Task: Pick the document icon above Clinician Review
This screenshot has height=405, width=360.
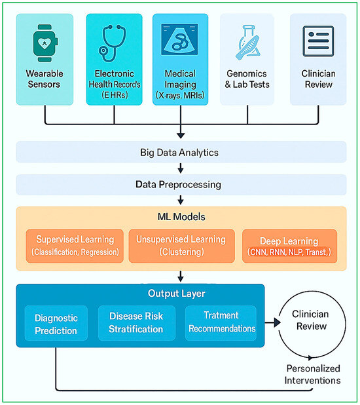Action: [x=319, y=41]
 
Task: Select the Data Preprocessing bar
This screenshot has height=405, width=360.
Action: [x=180, y=185]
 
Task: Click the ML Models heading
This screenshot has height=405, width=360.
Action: [x=180, y=217]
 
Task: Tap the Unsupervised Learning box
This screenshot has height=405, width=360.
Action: [x=180, y=245]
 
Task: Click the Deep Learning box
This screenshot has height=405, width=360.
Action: [x=289, y=245]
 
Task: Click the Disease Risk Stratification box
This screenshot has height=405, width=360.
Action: [x=137, y=322]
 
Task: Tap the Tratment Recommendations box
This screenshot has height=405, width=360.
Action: [x=221, y=322]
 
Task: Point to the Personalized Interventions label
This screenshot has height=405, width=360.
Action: [x=313, y=375]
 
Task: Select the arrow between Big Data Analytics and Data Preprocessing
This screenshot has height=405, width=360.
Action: [x=180, y=169]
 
